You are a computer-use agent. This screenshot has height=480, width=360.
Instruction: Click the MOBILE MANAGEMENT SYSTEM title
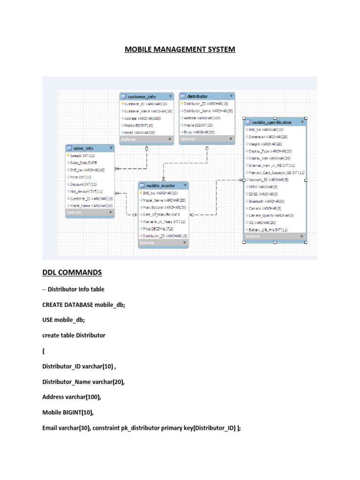(x=180, y=49)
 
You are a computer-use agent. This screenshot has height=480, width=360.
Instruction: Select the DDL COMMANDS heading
(x=72, y=272)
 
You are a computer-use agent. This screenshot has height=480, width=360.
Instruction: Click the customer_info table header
(x=145, y=97)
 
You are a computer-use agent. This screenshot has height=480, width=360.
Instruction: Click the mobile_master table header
(x=162, y=186)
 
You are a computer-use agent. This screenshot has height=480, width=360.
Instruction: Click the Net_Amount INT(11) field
(x=87, y=191)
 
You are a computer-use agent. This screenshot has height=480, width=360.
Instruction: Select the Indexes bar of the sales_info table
(x=90, y=212)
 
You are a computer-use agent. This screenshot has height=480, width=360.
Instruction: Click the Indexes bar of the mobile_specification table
(x=275, y=236)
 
